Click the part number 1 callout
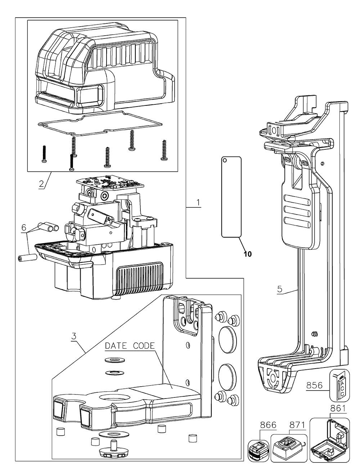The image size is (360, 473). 198,202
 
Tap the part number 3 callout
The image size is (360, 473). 74,337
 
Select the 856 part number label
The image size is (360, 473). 314,385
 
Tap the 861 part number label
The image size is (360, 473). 338,409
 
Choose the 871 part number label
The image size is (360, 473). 297,425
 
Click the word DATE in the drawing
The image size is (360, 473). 116,346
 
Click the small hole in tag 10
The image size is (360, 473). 224,160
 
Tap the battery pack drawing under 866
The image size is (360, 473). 257,450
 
